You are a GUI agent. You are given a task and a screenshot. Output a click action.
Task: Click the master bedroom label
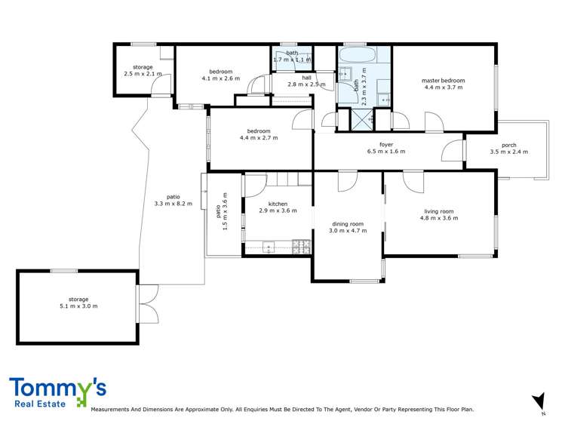point(444,81)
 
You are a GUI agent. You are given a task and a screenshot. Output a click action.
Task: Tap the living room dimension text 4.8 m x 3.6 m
point(439,218)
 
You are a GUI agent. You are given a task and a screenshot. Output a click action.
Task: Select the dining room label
point(348,223)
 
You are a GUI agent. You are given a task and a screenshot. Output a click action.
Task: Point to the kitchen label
point(270,204)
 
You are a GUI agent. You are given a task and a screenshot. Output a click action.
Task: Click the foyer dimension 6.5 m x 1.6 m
point(385,152)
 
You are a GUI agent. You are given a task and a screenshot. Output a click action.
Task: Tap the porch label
point(508,145)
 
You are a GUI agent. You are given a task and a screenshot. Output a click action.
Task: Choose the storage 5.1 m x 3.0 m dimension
point(78,306)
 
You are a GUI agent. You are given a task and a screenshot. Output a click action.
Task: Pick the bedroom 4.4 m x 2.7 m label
point(259,131)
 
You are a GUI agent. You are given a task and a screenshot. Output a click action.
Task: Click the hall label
point(306,77)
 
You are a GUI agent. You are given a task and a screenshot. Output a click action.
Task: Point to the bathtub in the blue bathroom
point(354,56)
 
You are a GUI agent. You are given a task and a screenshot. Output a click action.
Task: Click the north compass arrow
point(538,399)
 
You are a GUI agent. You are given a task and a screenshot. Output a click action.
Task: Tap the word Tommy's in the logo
point(57,388)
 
